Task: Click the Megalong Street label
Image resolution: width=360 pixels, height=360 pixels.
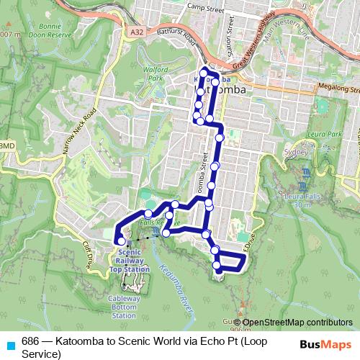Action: coord(338,89)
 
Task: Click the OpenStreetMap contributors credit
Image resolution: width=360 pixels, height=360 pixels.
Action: coord(297,323)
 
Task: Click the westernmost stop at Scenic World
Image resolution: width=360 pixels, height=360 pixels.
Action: coord(119,240)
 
